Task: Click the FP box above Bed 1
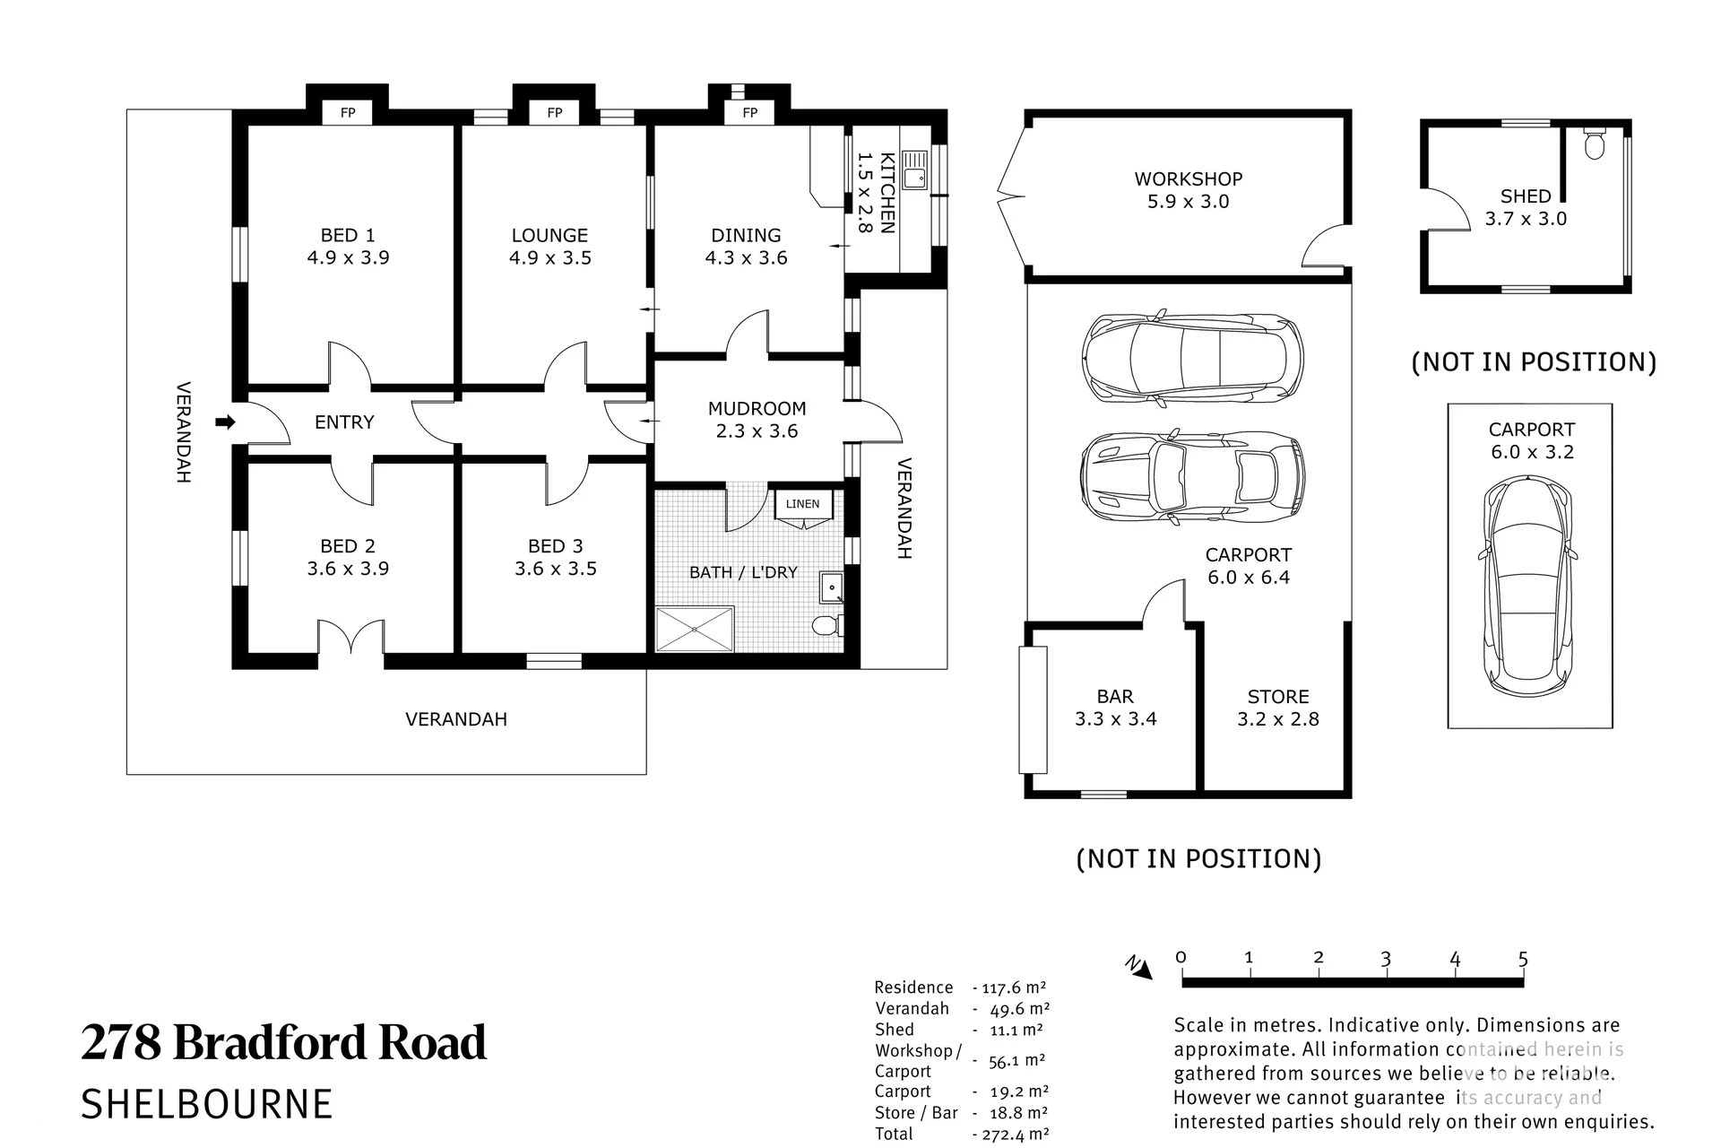point(348,112)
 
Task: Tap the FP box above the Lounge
point(555,112)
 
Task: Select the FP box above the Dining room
point(750,112)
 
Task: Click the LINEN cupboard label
point(803,504)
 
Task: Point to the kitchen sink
point(915,170)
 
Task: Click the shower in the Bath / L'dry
point(696,629)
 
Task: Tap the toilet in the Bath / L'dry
point(826,624)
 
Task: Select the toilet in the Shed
point(1594,143)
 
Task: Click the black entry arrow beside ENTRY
point(225,422)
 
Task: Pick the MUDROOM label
point(757,409)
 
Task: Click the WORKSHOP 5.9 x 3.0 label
point(1189,190)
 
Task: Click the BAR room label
point(1116,697)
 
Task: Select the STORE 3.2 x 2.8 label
point(1278,708)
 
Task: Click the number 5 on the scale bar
point(1523,959)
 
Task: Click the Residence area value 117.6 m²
point(1014,987)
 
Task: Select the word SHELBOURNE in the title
point(206,1104)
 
